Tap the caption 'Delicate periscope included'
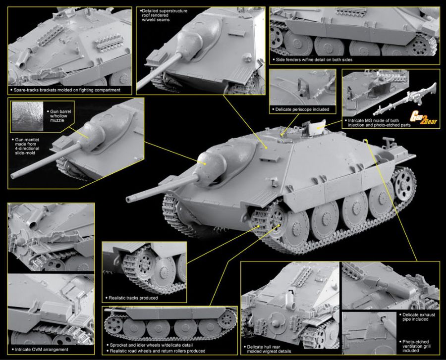tap(302, 109)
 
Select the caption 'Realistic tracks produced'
tap(133, 298)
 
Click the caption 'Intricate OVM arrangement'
tap(42, 350)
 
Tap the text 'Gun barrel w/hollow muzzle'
tap(60, 116)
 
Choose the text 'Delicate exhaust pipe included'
tap(419, 317)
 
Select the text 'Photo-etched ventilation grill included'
tap(416, 346)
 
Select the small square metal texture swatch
tap(28, 116)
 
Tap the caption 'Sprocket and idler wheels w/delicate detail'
tap(151, 345)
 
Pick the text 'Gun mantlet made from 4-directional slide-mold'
tap(27, 147)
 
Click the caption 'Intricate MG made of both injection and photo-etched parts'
tap(380, 123)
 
